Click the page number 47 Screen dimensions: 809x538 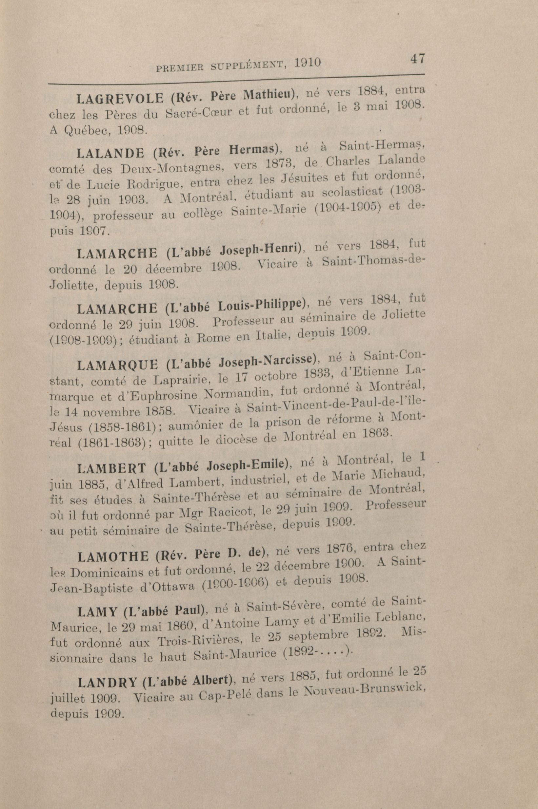pyautogui.click(x=417, y=58)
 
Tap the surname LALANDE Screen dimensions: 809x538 pyautogui.click(x=110, y=153)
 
